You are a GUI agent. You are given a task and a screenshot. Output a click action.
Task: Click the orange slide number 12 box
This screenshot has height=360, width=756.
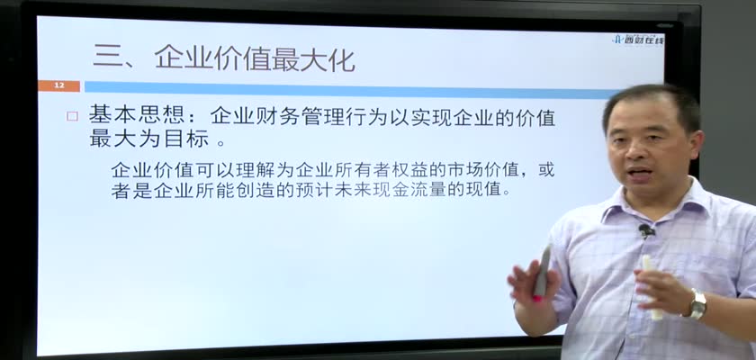(x=58, y=86)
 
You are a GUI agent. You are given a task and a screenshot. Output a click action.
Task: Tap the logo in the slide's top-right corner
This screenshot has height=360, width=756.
(x=637, y=40)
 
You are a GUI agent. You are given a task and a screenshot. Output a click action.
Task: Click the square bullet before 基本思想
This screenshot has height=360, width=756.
(x=72, y=116)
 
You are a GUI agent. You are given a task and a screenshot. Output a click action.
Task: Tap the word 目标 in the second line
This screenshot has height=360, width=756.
(x=188, y=139)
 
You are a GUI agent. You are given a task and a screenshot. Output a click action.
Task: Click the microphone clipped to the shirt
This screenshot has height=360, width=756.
(x=646, y=229)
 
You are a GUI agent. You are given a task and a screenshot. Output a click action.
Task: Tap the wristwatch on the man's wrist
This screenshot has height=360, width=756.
(x=697, y=303)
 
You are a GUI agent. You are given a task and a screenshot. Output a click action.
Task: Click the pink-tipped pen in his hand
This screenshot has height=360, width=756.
(x=541, y=274)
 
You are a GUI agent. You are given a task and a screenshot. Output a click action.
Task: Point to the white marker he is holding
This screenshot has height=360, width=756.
(x=652, y=287)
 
